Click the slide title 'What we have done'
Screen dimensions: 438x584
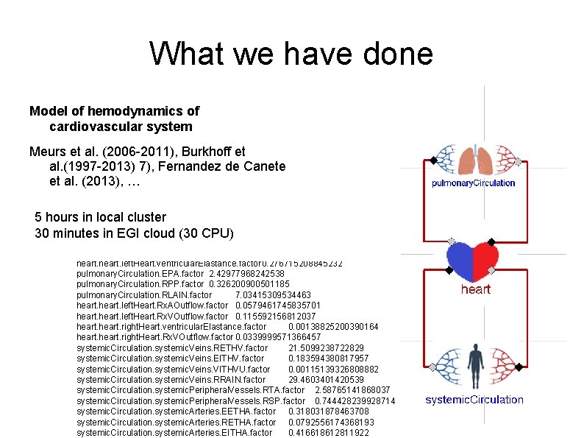pyautogui.click(x=291, y=53)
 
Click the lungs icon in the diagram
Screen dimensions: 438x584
pyautogui.click(x=476, y=160)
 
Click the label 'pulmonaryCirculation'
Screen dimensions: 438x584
pyautogui.click(x=473, y=183)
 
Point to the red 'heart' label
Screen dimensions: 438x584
pyautogui.click(x=475, y=289)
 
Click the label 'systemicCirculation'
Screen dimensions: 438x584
pyautogui.click(x=474, y=400)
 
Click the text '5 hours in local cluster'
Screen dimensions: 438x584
pyautogui.click(x=101, y=217)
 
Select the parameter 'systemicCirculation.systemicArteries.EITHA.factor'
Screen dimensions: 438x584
pyautogui.click(x=174, y=433)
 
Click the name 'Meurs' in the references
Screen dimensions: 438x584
pyautogui.click(x=46, y=152)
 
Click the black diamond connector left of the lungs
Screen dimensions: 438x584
pyautogui.click(x=434, y=160)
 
